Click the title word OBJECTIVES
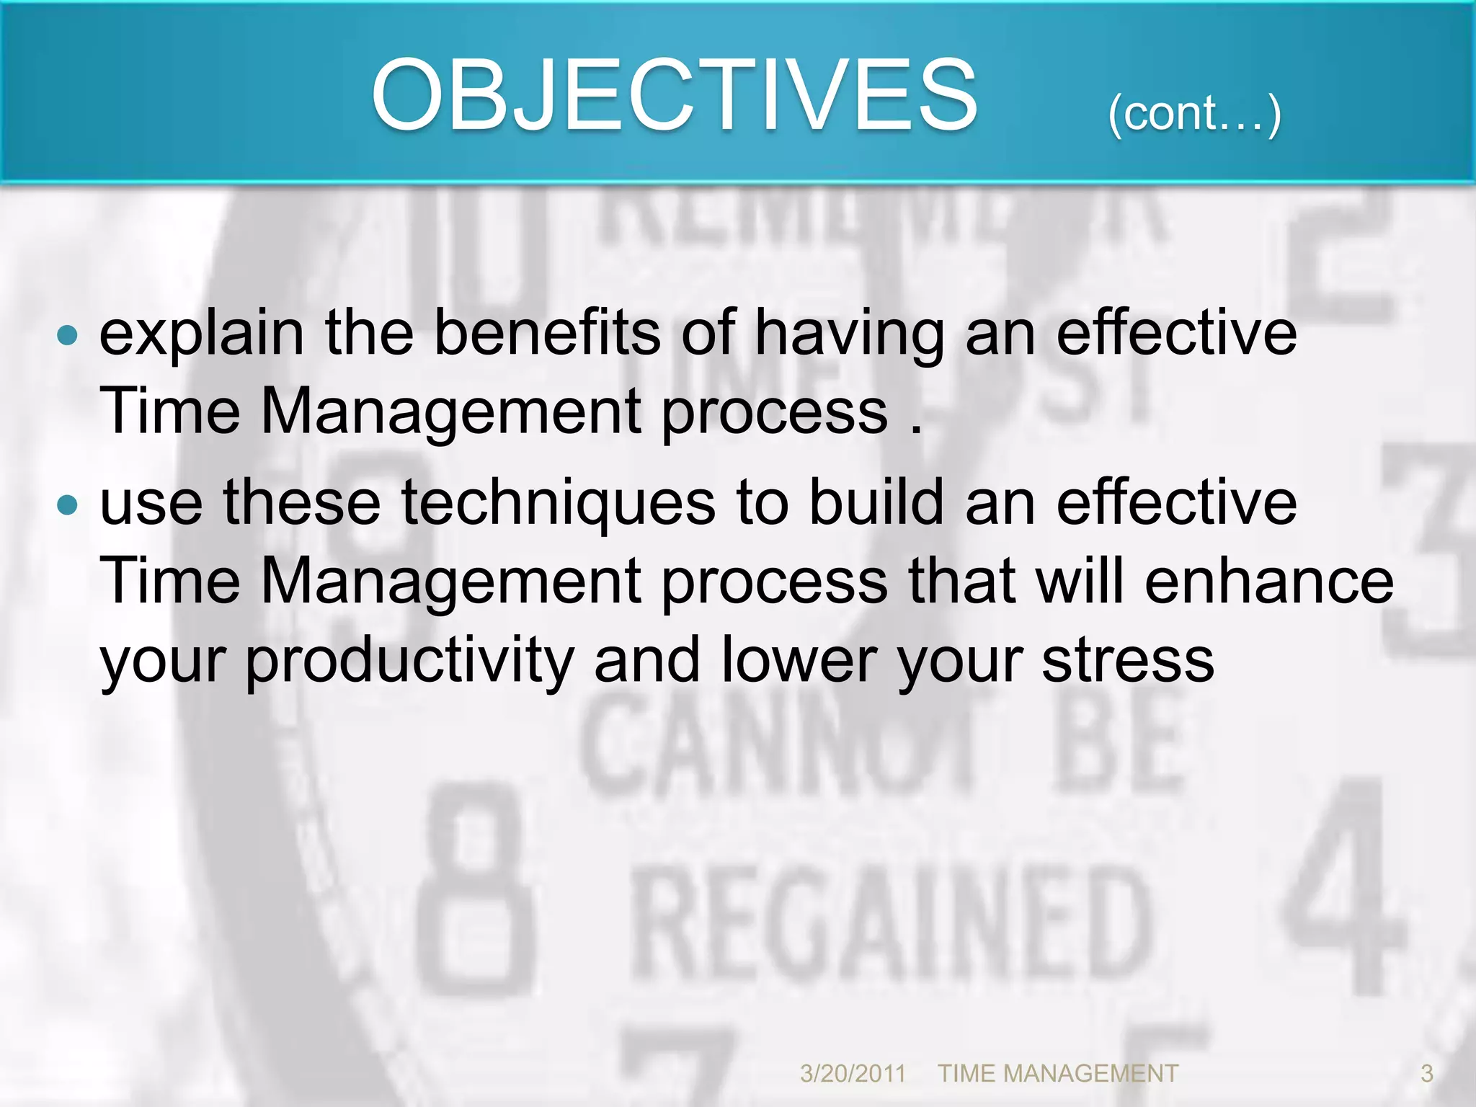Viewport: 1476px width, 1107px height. point(674,96)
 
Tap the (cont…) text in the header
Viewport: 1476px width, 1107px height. point(1194,114)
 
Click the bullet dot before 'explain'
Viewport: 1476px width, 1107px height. point(67,334)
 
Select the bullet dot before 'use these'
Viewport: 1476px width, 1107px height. point(67,504)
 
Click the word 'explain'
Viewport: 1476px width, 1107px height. point(202,334)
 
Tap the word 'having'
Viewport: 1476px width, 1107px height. point(850,334)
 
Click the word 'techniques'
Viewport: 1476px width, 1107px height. point(559,504)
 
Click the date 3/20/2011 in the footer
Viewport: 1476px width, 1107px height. point(853,1073)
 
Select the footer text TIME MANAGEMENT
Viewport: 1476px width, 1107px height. point(1057,1073)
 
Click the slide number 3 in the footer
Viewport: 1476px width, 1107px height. point(1426,1073)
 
